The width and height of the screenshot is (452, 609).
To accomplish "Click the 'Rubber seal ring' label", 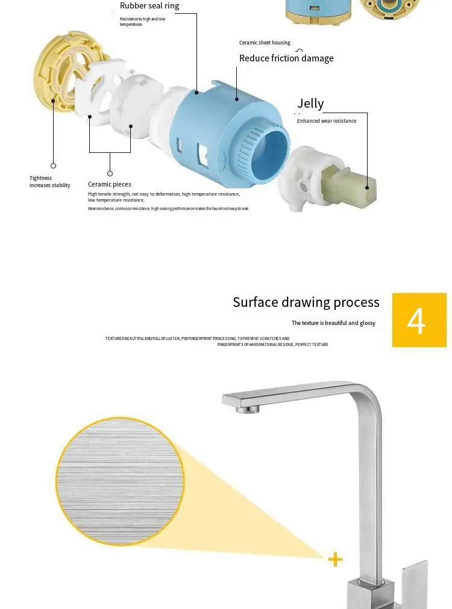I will (x=149, y=6).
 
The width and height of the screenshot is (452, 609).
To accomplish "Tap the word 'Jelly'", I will (x=310, y=104).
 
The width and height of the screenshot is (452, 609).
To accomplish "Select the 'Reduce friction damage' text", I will (x=286, y=58).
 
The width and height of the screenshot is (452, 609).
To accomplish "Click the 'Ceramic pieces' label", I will (x=109, y=184).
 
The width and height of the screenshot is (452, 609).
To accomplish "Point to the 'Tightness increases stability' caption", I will (x=49, y=182).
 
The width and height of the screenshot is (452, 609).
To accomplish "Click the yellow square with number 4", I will (x=419, y=320).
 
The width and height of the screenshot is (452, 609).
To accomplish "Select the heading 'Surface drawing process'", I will (x=306, y=302).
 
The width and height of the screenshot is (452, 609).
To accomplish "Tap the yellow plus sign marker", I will (x=335, y=560).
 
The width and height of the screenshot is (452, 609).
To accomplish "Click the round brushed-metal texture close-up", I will (x=120, y=481).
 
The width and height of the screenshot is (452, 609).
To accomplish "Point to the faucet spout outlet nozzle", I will (x=248, y=409).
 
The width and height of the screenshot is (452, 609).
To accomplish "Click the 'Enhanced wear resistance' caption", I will (x=327, y=121).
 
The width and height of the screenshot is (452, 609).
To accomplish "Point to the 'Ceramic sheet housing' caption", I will (x=265, y=43).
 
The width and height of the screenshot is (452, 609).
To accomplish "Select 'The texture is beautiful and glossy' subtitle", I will (x=333, y=323).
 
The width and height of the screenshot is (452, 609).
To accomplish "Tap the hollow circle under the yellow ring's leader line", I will (x=54, y=165).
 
